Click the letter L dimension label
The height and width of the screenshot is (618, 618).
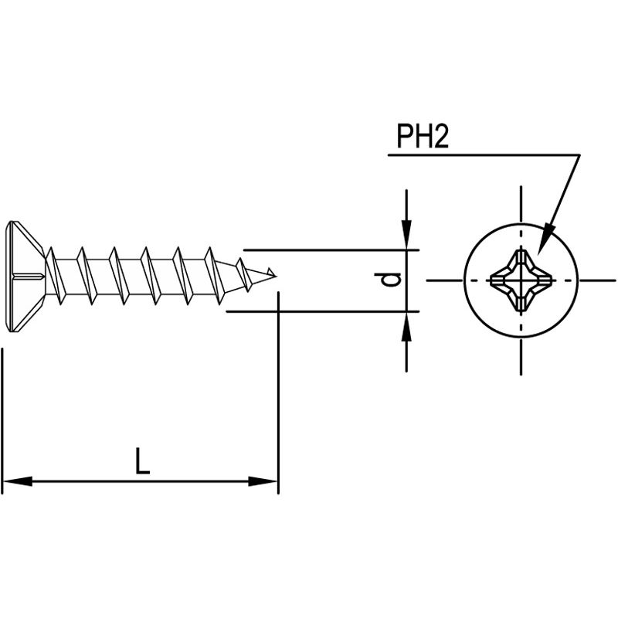141,462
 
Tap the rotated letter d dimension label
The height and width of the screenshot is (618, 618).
393,280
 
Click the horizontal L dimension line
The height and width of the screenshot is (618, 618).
140,482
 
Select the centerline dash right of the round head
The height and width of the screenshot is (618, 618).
599,280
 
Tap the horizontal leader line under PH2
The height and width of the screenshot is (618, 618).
479,155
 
